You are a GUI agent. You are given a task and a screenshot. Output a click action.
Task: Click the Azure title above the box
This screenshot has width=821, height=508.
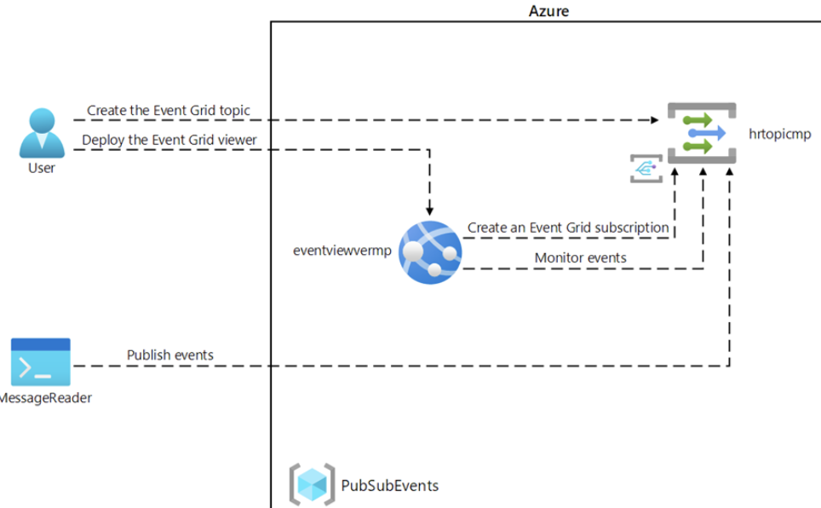pyautogui.click(x=548, y=10)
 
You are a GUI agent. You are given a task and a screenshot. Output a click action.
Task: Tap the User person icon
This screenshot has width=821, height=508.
pyautogui.click(x=42, y=133)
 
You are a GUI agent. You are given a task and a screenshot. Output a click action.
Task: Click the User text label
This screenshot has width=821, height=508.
pyautogui.click(x=42, y=168)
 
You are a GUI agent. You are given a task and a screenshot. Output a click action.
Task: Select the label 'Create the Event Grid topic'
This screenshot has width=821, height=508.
pyautogui.click(x=169, y=111)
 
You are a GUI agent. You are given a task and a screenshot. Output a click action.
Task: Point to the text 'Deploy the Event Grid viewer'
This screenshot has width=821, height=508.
pyautogui.click(x=169, y=140)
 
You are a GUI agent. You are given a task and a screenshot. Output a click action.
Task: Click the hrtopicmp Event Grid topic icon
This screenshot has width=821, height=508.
pyautogui.click(x=701, y=133)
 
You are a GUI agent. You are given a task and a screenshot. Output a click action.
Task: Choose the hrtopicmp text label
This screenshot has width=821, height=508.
pyautogui.click(x=780, y=134)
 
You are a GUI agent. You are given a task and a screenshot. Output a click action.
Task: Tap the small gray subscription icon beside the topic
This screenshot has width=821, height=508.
pyautogui.click(x=646, y=169)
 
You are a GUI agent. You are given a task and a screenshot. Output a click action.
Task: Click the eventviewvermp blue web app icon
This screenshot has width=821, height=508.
pyautogui.click(x=430, y=252)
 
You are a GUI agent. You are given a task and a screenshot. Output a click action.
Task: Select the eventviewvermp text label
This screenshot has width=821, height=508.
pyautogui.click(x=342, y=251)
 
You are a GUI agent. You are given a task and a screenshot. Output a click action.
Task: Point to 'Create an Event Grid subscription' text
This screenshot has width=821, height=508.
pyautogui.click(x=568, y=228)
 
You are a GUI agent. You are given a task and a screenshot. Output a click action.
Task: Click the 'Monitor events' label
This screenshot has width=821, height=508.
pyautogui.click(x=580, y=257)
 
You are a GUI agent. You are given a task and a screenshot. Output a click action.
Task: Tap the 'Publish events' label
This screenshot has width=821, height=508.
pyautogui.click(x=170, y=355)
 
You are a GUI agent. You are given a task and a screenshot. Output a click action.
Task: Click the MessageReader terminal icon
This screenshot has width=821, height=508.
pyautogui.click(x=41, y=362)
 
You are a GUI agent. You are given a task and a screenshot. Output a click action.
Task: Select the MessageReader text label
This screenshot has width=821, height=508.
pyautogui.click(x=46, y=398)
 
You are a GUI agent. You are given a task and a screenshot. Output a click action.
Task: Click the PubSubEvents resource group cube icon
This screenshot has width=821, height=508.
pyautogui.click(x=312, y=485)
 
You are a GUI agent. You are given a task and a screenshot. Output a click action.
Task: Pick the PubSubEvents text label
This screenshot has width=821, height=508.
pyautogui.click(x=390, y=486)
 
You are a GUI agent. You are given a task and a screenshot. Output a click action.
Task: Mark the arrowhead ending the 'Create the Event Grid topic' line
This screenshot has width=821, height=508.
pyautogui.click(x=655, y=120)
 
